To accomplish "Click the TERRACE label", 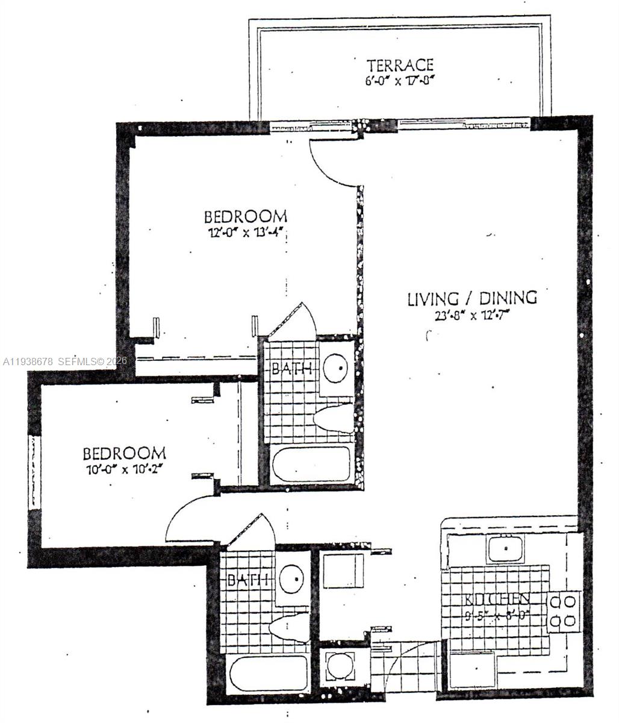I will (400, 64).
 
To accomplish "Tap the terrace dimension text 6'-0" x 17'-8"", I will (400, 80).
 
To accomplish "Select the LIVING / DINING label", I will (472, 298).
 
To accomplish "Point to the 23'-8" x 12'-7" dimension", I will (472, 315).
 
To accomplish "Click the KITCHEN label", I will (497, 599).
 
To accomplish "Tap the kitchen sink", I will (505, 548).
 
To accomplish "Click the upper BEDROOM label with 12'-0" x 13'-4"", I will (245, 216).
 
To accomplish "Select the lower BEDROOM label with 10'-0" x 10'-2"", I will (124, 453).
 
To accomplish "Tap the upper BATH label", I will (291, 368).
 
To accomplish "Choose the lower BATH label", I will (247, 580).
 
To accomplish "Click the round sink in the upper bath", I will (336, 367).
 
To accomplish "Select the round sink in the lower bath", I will (293, 578).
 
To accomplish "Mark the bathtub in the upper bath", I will (311, 464).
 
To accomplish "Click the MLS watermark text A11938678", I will (28, 361).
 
